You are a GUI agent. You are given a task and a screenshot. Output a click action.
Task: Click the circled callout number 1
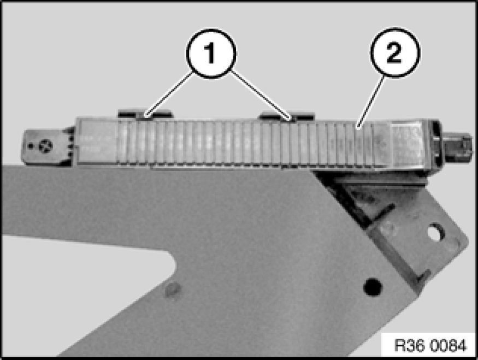point(211,54)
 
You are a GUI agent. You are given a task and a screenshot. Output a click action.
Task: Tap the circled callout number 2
point(395,52)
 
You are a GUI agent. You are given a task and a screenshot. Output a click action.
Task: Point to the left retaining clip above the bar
point(145,114)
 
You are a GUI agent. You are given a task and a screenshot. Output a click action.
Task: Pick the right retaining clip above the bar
point(287,116)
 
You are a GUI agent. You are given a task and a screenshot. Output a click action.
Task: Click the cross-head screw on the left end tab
point(46,145)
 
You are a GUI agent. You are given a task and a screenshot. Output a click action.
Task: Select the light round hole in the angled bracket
point(436,232)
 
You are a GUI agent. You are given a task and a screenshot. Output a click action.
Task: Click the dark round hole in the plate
point(373,287)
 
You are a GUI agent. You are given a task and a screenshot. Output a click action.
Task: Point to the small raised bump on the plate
point(172,290)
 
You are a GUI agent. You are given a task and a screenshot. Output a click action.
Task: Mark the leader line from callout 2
point(371,102)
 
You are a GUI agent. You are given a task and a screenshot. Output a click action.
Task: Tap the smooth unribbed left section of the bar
point(97,141)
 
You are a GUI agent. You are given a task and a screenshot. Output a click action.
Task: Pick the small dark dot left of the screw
point(31,146)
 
